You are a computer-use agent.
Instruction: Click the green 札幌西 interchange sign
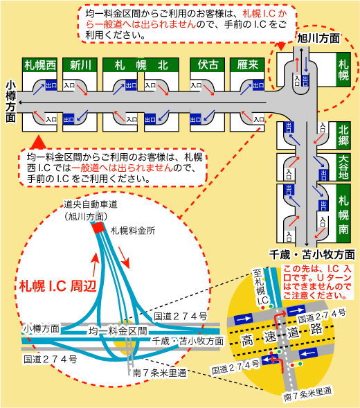pos(39,65)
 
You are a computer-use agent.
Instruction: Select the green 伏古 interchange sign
pos(208,65)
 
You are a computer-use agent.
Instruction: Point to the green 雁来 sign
pos(247,65)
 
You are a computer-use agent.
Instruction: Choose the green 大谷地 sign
pos(344,166)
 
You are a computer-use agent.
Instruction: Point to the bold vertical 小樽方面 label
pos(9,101)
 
